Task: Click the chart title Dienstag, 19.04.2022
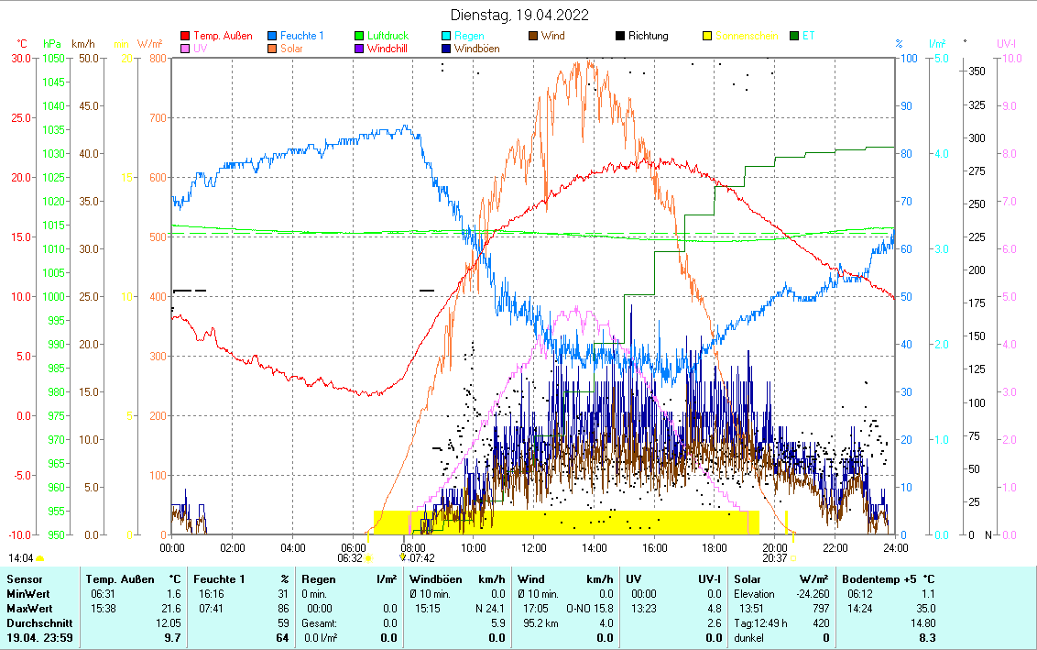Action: coord(519,16)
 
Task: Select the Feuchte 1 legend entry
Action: coord(301,36)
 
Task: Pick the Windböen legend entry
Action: coord(476,49)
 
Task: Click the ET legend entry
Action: coord(808,36)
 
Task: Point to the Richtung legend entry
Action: coord(648,36)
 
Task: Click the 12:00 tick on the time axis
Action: coord(534,547)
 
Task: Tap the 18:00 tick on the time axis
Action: coord(715,547)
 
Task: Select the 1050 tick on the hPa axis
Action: coord(52,58)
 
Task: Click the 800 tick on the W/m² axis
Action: coord(158,58)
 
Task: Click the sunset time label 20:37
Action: coord(774,557)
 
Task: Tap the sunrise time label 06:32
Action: coord(350,557)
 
